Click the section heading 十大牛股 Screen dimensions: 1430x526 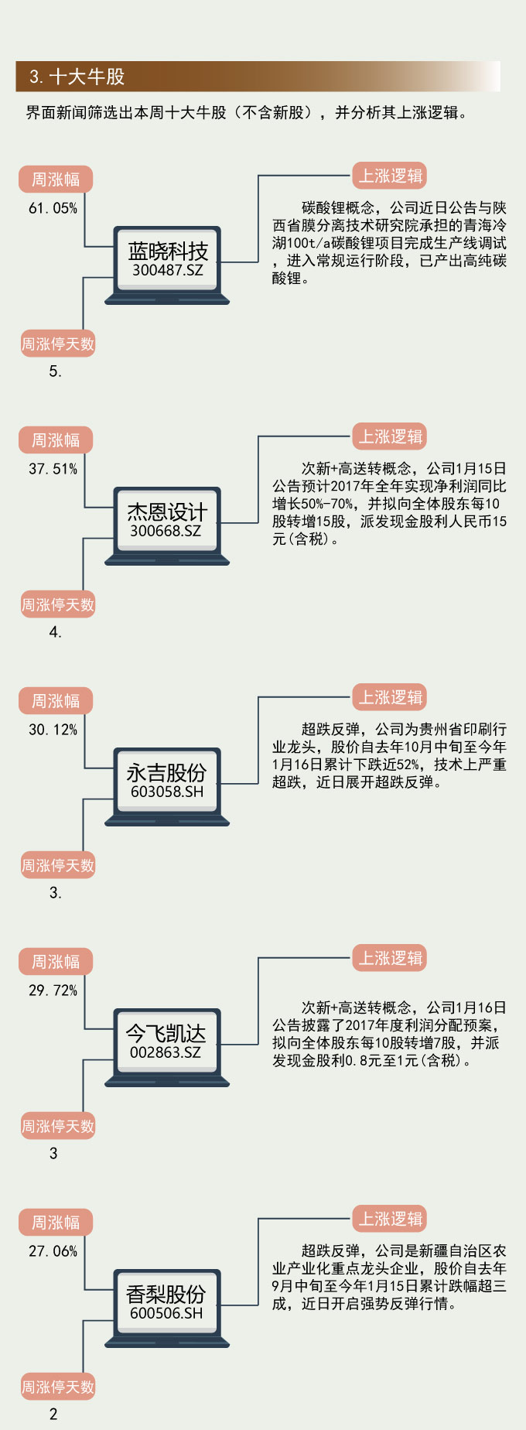[77, 77]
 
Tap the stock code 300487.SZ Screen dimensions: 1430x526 [167, 270]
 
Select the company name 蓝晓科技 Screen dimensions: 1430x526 [168, 251]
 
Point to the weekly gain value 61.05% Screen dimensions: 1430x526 [53, 208]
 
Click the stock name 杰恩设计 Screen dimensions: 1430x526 [167, 511]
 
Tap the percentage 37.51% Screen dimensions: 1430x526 [53, 469]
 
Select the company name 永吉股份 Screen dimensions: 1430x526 [167, 772]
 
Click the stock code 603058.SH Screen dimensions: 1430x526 [167, 792]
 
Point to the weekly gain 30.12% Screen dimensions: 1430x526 [53, 730]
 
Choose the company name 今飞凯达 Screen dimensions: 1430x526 [166, 1033]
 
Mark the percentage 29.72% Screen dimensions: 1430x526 [53, 990]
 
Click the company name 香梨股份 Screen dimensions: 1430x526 [166, 1294]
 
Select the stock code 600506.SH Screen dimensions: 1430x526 [166, 1313]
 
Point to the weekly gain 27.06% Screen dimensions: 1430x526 [53, 1251]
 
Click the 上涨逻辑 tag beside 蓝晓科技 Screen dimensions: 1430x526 [391, 176]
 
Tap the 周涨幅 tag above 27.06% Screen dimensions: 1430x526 [56, 1223]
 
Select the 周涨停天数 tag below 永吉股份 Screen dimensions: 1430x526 [58, 865]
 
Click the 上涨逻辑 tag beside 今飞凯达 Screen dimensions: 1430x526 [391, 958]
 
